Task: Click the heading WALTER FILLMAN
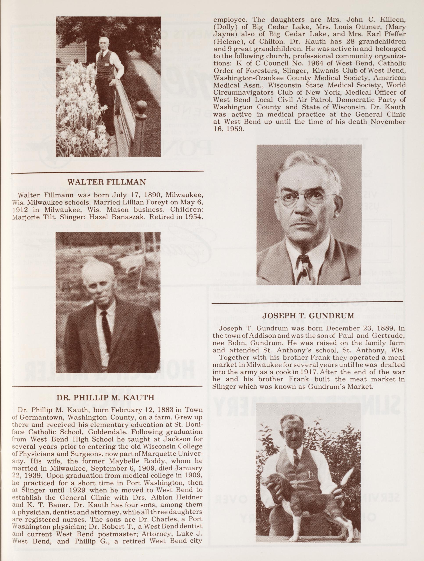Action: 107,182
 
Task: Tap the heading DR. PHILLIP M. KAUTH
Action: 105,397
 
